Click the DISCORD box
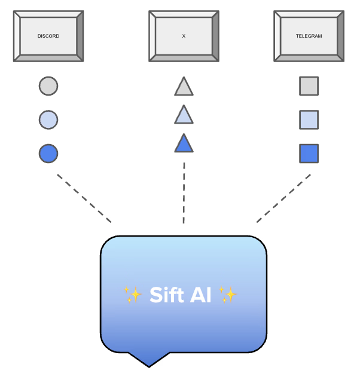pyautogui.click(x=48, y=36)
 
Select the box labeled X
pyautogui.click(x=184, y=36)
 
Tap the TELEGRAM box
pyautogui.click(x=309, y=36)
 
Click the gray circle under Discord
pyautogui.click(x=48, y=86)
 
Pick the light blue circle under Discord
pyautogui.click(x=48, y=120)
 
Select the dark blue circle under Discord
pyautogui.click(x=48, y=154)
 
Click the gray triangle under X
pyautogui.click(x=184, y=88)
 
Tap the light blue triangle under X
pyautogui.click(x=184, y=115)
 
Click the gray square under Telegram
pyautogui.click(x=309, y=86)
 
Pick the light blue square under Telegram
pyautogui.click(x=309, y=120)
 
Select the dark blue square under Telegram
pyautogui.click(x=309, y=154)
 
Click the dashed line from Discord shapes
pyautogui.click(x=84, y=198)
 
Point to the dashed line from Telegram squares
pyautogui.click(x=283, y=198)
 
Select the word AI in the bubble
pyautogui.click(x=200, y=295)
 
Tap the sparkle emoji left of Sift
pyautogui.click(x=133, y=295)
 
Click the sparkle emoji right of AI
pyautogui.click(x=228, y=295)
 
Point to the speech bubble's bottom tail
pyautogui.click(x=148, y=360)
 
